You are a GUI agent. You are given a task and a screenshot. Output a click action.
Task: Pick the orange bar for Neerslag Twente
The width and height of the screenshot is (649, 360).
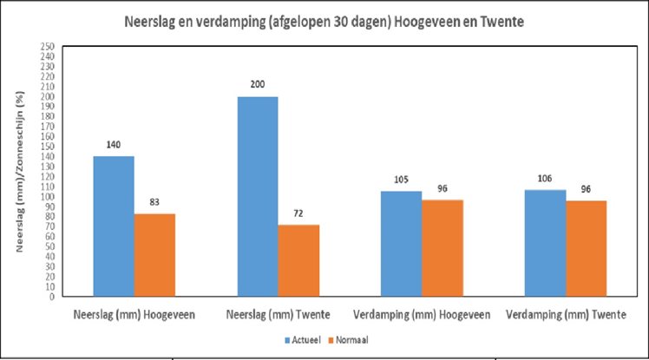(298, 260)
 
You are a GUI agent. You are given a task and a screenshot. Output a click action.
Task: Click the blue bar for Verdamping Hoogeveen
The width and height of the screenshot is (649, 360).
(401, 243)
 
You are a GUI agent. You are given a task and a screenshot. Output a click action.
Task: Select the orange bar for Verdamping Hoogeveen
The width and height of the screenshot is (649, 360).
(443, 247)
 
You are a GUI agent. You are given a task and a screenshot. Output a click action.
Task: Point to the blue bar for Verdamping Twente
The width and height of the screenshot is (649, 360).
(545, 243)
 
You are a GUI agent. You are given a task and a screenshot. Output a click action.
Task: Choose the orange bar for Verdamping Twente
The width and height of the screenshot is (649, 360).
(587, 247)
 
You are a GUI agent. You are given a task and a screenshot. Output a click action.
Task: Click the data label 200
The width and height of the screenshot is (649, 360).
(257, 84)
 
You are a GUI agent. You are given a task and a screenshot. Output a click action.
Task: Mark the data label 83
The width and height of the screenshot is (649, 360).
(154, 201)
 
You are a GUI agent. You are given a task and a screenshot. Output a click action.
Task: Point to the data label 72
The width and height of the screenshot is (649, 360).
(298, 213)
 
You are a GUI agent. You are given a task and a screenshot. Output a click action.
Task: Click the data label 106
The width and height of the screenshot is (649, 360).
(545, 178)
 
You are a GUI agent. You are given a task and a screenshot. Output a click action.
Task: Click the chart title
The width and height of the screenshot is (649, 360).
(325, 22)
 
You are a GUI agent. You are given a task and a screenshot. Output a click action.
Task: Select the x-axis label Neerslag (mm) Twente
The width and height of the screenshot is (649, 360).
(278, 313)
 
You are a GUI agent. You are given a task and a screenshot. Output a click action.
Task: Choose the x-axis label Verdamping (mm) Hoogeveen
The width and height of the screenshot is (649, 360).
(423, 313)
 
